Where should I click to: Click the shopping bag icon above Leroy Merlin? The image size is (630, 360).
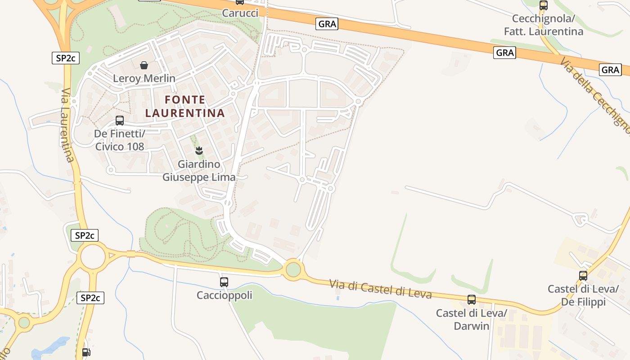click(144, 66)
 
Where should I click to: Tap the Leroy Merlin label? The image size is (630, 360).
click(144, 78)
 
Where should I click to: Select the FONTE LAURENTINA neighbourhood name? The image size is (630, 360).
click(185, 106)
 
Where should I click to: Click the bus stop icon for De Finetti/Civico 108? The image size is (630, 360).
click(120, 121)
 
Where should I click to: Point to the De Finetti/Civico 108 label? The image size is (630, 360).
click(120, 140)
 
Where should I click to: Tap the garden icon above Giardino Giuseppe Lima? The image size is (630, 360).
click(198, 150)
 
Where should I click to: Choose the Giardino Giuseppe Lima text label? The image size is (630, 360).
click(199, 171)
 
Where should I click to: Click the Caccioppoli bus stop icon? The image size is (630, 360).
click(224, 282)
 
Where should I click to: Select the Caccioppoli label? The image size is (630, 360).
click(224, 295)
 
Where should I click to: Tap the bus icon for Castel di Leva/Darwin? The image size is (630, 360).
click(472, 300)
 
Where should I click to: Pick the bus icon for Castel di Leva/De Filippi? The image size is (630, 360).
click(583, 276)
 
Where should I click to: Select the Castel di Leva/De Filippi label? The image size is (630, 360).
click(583, 295)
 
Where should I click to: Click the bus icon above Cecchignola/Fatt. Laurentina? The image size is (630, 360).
click(544, 6)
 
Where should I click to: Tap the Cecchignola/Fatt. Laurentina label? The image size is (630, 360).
click(544, 25)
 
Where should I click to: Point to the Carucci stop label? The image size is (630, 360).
click(240, 13)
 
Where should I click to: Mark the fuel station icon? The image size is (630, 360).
click(86, 352)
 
